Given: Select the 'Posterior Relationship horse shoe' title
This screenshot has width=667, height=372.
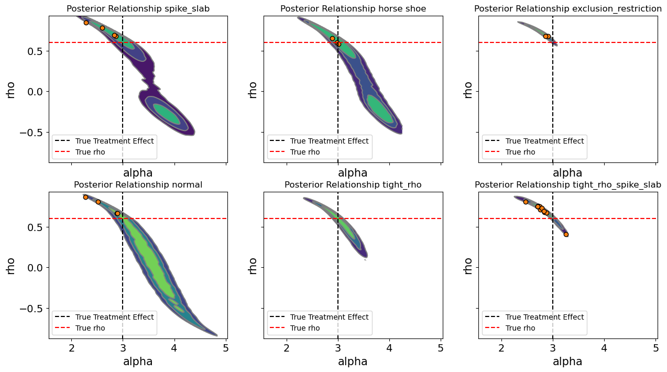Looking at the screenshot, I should (x=353, y=8).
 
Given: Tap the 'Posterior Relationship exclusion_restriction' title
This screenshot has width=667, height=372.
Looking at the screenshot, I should (x=567, y=8).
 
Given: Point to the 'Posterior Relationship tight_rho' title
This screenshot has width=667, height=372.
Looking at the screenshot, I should (x=353, y=184).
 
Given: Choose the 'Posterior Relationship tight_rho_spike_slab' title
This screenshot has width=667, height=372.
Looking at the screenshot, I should (x=567, y=184).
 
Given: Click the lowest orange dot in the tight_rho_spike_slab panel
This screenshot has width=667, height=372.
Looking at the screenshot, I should (x=566, y=234).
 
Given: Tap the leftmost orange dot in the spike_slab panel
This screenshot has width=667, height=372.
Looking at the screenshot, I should (x=86, y=23).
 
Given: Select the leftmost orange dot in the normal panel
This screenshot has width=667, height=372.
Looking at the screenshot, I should (x=85, y=197).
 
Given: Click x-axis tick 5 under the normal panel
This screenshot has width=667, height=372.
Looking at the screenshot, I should (x=226, y=348).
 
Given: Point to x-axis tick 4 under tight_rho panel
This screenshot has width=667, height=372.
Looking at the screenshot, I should (x=389, y=348).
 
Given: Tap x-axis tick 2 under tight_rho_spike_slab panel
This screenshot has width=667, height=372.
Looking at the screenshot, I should (x=501, y=348).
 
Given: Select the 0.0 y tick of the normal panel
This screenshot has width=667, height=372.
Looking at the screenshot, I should (x=38, y=268).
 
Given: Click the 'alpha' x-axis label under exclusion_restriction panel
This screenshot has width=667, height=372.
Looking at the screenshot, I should (x=567, y=173).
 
